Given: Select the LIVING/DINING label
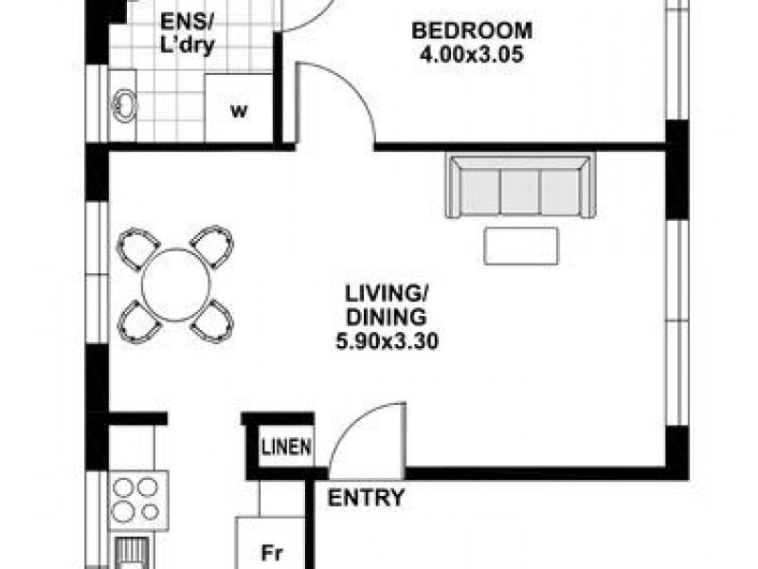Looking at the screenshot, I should coord(385,302).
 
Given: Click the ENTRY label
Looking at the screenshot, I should coord(367,498).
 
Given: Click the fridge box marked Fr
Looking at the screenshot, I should coord(271,550).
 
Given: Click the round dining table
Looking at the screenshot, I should coord(175,283).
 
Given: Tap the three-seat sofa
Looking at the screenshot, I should coord(520,187).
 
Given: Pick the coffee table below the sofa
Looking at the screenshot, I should coord(520,246).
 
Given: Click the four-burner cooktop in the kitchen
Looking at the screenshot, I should coord(135,499).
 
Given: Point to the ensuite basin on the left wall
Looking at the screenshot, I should coord(124,105).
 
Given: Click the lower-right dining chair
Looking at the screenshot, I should coord(212,320).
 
